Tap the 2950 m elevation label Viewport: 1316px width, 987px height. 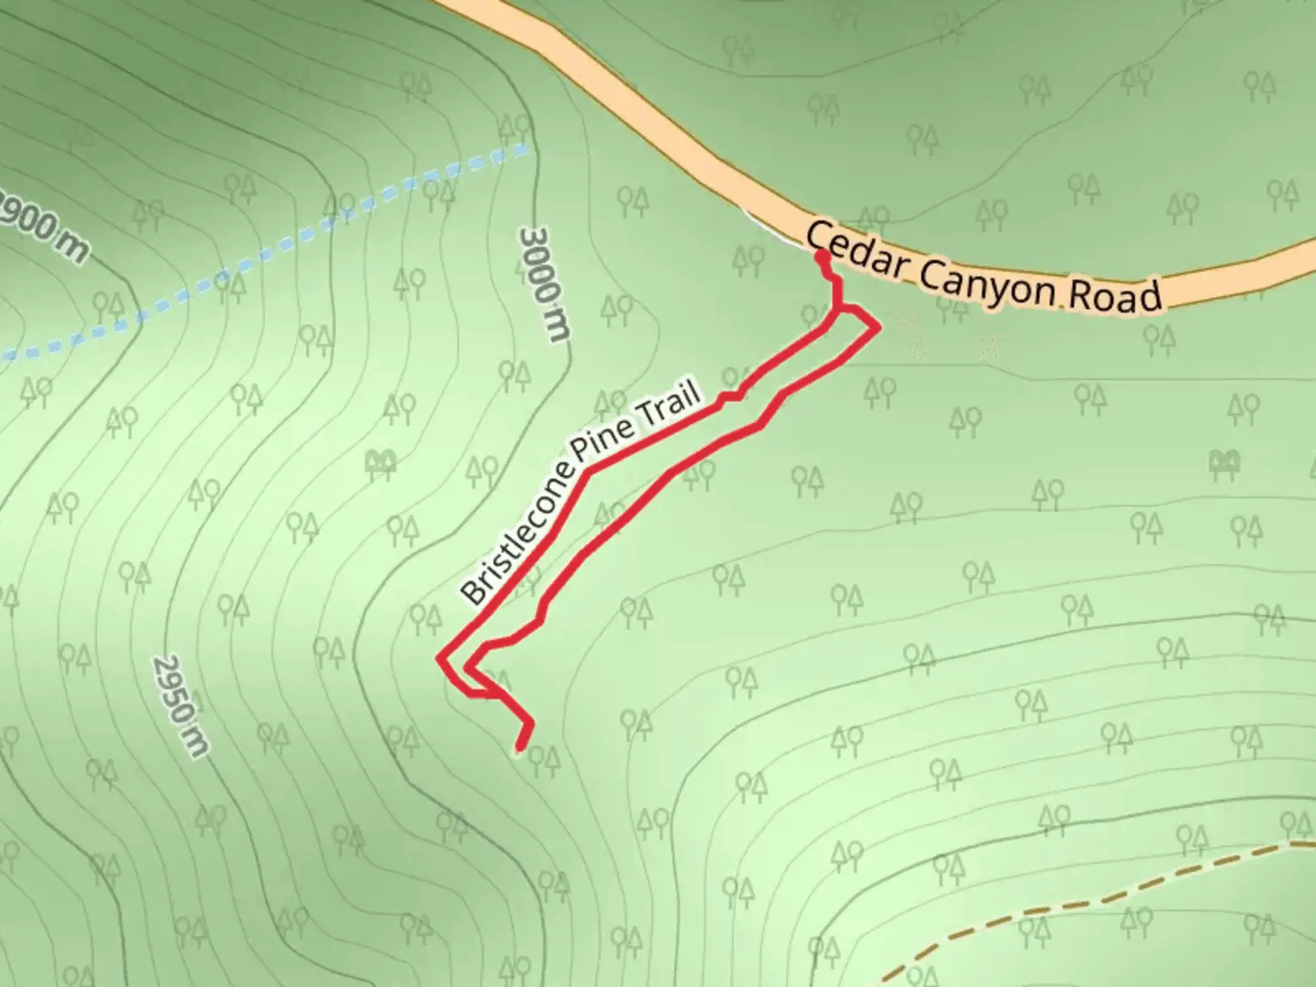pos(181,705)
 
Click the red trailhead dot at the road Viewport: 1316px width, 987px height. pos(822,259)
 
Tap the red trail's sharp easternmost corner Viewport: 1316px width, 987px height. pos(879,326)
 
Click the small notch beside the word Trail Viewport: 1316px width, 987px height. pos(731,397)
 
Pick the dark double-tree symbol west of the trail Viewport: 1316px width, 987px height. pos(379,462)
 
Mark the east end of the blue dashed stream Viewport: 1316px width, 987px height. pos(525,147)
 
